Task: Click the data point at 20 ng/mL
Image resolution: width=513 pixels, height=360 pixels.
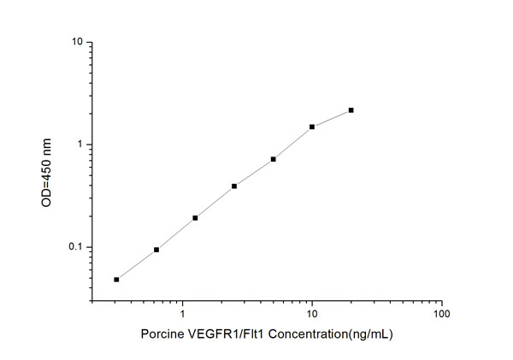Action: click(x=351, y=110)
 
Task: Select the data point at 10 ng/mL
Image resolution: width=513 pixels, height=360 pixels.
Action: click(x=312, y=127)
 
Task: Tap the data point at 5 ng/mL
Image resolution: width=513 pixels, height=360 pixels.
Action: click(x=273, y=159)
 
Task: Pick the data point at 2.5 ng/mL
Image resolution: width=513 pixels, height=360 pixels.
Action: click(x=234, y=186)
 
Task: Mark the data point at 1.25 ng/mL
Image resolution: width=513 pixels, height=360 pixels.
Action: click(x=195, y=218)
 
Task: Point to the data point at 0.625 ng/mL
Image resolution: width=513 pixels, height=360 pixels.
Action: click(x=156, y=250)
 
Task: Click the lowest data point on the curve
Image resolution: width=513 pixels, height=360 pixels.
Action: click(x=116, y=280)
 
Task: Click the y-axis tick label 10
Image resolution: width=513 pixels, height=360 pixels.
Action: click(x=76, y=42)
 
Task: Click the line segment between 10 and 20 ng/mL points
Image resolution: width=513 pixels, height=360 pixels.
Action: click(x=332, y=118)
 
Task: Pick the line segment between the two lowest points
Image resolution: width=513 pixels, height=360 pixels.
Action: click(x=137, y=264)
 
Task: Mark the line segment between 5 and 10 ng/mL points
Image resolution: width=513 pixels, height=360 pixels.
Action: click(x=292, y=143)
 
